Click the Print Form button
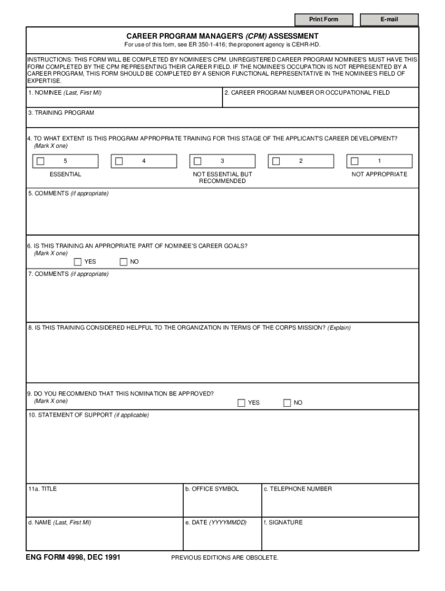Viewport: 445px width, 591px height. pos(324,20)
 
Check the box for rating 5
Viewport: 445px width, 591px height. pos(40,161)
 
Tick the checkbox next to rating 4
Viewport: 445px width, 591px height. pos(119,161)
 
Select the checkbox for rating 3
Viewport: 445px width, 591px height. pos(198,161)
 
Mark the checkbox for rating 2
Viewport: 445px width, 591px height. pos(276,161)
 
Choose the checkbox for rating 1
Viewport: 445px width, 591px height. pos(355,161)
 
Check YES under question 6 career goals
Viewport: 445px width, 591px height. pos(78,262)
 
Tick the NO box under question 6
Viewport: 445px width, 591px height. pos(123,262)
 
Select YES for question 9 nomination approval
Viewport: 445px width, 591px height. pos(242,403)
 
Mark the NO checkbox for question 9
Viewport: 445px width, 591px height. pos(287,403)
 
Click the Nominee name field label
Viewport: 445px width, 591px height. pos(65,93)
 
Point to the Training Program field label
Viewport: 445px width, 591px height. pos(61,113)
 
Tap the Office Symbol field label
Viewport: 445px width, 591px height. pos(212,489)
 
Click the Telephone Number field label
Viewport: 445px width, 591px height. pos(298,489)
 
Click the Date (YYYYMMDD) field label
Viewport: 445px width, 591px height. pos(216,522)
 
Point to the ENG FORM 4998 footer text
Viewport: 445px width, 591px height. pos(73,558)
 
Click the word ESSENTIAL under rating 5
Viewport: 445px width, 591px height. pos(65,174)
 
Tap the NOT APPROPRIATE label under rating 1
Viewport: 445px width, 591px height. pos(379,174)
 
